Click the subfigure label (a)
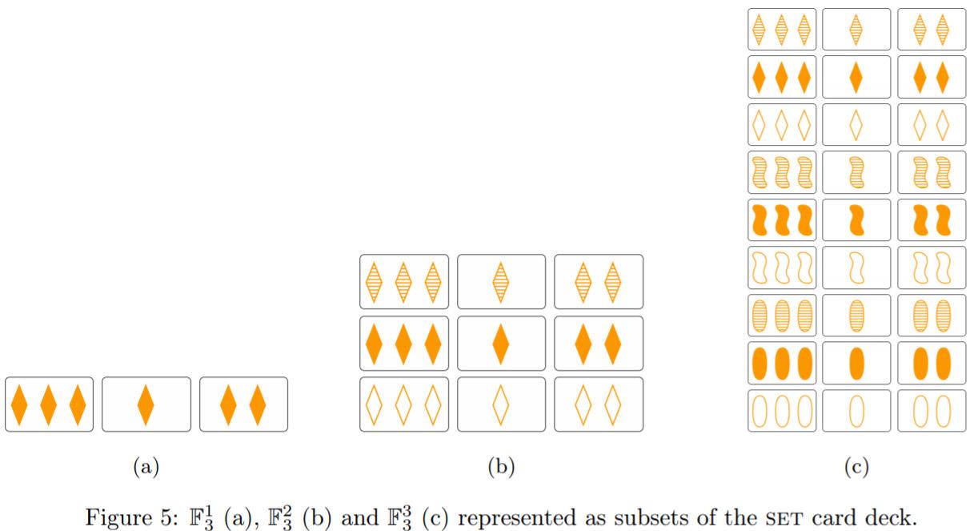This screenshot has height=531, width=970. (146, 466)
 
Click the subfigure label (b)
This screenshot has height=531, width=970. (501, 466)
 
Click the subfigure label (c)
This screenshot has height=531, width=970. (856, 466)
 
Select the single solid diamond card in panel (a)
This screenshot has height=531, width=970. (146, 404)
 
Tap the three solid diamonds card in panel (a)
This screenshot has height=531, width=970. (50, 404)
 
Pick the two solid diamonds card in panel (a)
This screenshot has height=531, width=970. (243, 404)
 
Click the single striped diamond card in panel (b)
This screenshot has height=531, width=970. (501, 281)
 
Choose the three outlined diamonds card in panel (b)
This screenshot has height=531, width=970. (404, 404)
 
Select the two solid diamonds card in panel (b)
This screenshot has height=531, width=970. (599, 343)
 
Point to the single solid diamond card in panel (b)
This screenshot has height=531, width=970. (501, 343)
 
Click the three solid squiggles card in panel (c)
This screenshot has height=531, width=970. (782, 219)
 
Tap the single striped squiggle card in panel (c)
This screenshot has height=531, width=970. (856, 172)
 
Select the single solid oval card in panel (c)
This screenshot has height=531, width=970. (856, 362)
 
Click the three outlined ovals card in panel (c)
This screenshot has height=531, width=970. (782, 410)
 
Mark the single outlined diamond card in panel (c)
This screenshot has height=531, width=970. (856, 124)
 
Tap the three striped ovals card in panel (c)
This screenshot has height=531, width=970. (782, 315)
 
